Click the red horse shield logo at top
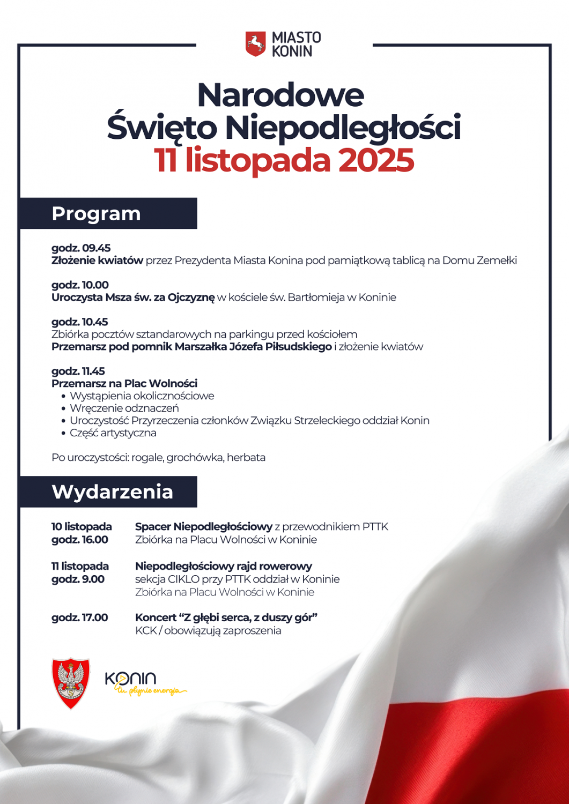click(256, 44)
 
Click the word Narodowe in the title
click(280, 95)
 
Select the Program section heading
click(97, 214)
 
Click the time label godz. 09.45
click(81, 248)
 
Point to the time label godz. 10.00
click(80, 285)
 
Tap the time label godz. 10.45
click(80, 322)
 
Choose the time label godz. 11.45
click(78, 371)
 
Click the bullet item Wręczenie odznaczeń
click(124, 408)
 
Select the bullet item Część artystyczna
click(113, 433)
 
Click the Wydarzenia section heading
click(113, 492)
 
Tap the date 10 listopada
click(82, 527)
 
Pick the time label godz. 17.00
click(80, 618)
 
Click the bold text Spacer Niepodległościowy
click(204, 527)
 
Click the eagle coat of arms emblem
click(71, 683)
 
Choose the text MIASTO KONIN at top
click(296, 44)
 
